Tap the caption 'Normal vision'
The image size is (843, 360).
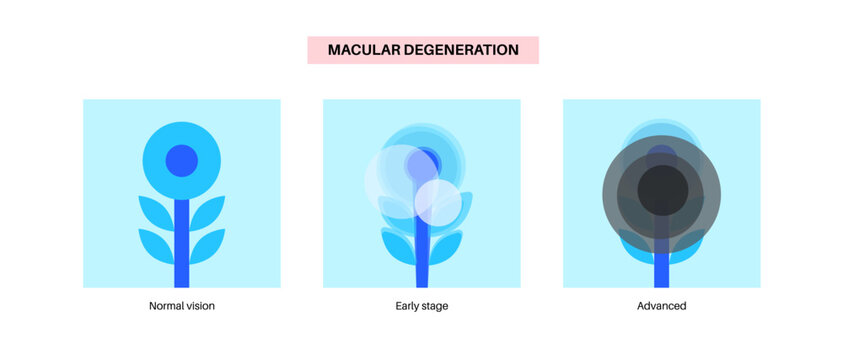[x=181, y=306]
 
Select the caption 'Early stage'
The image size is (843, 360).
[x=421, y=306]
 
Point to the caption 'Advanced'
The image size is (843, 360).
[x=661, y=306]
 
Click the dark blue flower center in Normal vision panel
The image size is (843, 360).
[x=181, y=160]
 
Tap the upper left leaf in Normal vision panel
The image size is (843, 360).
[x=155, y=212]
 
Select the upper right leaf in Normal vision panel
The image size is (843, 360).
[x=207, y=212]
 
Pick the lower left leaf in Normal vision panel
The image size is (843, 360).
[x=155, y=246]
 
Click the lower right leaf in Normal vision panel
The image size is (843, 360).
[x=207, y=246]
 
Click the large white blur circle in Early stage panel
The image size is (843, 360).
[x=396, y=181]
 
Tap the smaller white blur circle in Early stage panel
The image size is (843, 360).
[x=438, y=202]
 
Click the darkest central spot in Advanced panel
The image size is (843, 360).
[x=661, y=190]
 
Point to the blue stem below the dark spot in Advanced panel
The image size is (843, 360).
[x=661, y=270]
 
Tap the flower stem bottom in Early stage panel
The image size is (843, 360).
[x=421, y=275]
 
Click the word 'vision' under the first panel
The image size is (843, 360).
[x=198, y=306]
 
